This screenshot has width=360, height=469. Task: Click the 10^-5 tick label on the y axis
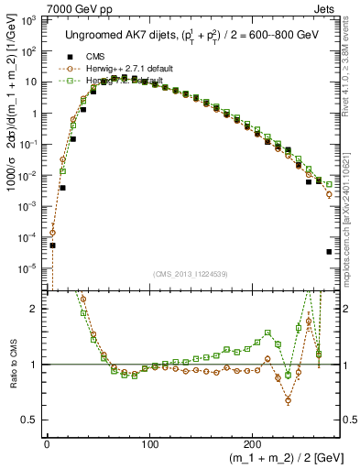(30, 267)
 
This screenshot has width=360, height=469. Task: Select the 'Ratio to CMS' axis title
(10, 365)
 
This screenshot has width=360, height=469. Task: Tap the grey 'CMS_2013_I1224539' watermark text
(192, 275)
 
